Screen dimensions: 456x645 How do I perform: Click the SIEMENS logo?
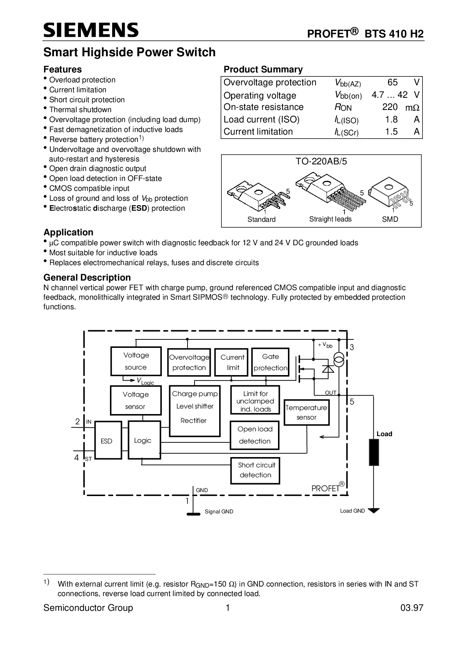tap(91, 30)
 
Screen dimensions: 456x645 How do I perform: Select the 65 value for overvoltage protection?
tap(392, 82)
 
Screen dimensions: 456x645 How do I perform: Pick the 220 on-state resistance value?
tap(390, 107)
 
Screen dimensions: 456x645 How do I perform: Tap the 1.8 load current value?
tap(391, 120)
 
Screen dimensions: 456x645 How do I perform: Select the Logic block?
tap(144, 440)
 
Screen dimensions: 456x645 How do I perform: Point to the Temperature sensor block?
tap(306, 413)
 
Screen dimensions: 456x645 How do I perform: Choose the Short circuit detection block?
tap(255, 470)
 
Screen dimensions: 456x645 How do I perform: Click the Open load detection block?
tap(254, 435)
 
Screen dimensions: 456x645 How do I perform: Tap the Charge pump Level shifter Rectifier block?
tap(195, 411)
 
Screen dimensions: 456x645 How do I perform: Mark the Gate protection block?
tap(270, 362)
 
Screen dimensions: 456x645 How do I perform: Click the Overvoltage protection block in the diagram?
tap(189, 362)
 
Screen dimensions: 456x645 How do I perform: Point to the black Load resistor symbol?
tap(374, 452)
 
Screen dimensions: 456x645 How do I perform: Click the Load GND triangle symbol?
tap(374, 510)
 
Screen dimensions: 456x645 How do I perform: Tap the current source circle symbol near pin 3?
tap(339, 359)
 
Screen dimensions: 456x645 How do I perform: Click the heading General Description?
tap(87, 278)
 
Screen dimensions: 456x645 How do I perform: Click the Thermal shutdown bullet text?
tap(80, 110)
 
